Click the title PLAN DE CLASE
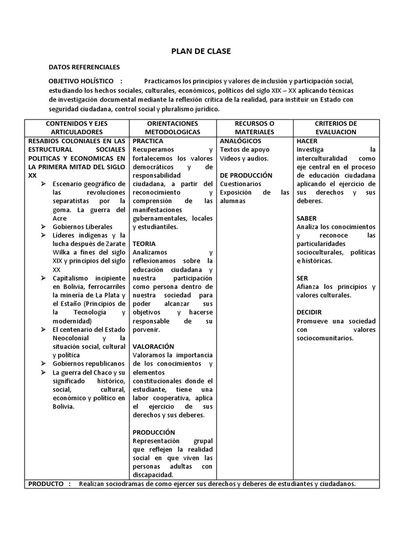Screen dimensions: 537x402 click(x=201, y=51)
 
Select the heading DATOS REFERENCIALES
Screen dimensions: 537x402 click(x=84, y=67)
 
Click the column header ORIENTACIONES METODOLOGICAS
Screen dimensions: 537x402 click(x=172, y=127)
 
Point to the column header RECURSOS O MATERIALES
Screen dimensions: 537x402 click(x=254, y=127)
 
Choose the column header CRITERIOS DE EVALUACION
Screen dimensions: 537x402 click(x=336, y=127)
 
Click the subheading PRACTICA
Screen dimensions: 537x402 click(x=148, y=141)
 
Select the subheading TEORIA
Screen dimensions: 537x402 click(x=144, y=244)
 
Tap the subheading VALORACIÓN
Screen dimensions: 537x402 click(x=153, y=347)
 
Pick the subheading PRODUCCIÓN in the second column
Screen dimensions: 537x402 click(x=154, y=432)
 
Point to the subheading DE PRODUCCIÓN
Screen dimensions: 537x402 click(x=246, y=175)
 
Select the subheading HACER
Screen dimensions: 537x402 click(x=307, y=141)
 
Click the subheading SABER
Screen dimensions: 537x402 click(x=306, y=218)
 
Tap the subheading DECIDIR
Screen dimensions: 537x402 click(x=309, y=312)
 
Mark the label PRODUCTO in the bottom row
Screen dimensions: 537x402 click(x=46, y=484)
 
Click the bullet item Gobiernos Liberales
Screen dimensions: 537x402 click(x=82, y=227)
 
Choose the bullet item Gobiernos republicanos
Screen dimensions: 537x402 click(x=88, y=363)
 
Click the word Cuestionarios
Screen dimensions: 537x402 click(x=240, y=184)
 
